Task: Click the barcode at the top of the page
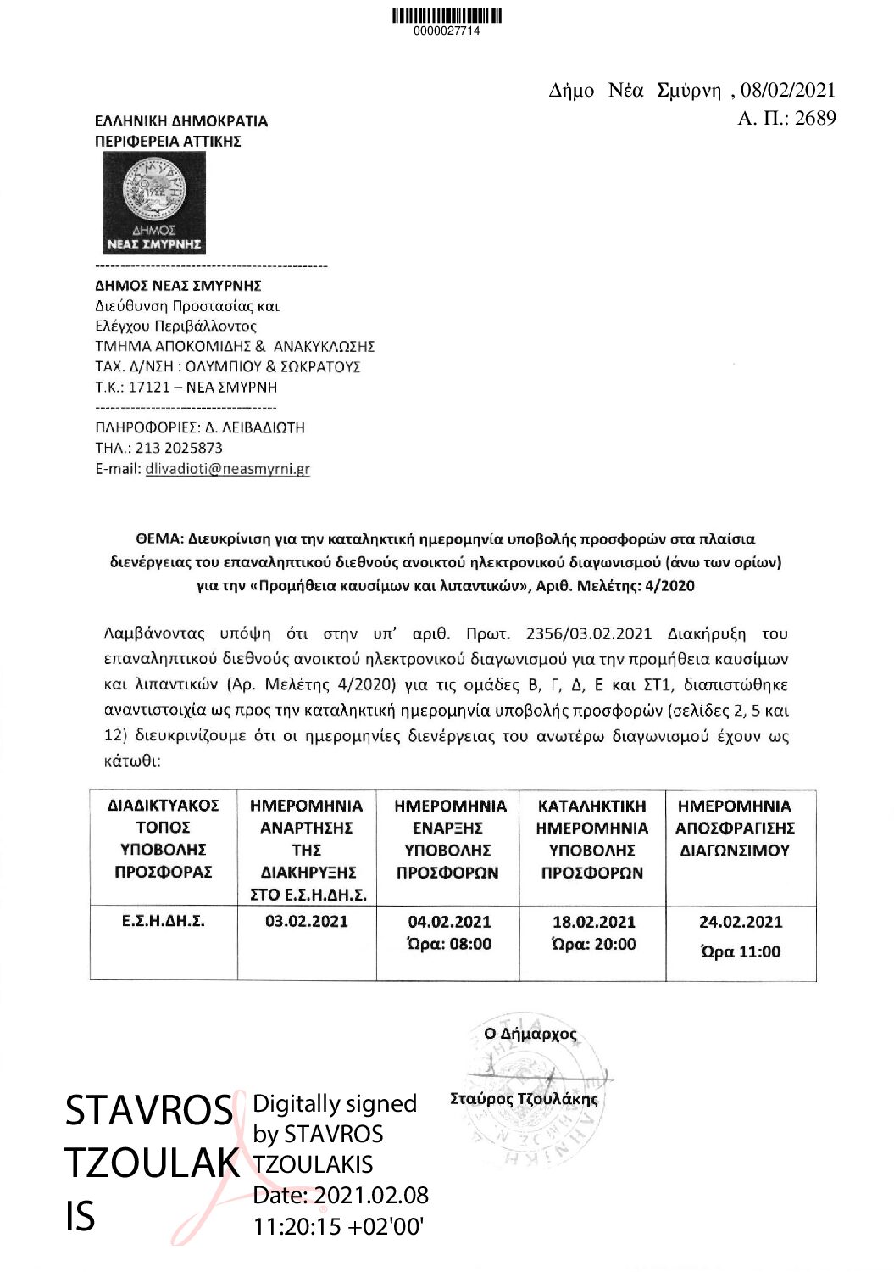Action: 447,16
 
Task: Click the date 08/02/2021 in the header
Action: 787,91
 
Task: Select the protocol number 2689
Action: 815,118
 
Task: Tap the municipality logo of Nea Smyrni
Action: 154,204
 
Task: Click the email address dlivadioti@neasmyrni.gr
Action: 227,469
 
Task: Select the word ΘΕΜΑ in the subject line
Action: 158,539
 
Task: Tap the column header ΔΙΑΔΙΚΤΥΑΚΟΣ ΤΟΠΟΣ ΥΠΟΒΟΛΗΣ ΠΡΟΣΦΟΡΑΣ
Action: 163,839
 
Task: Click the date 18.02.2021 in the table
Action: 593,923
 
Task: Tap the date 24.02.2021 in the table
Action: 741,923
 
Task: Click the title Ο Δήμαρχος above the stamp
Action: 530,1035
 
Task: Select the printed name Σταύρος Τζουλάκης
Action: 524,1100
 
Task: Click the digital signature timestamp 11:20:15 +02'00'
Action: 338,1226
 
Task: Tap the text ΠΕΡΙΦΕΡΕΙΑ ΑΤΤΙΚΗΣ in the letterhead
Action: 168,142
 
